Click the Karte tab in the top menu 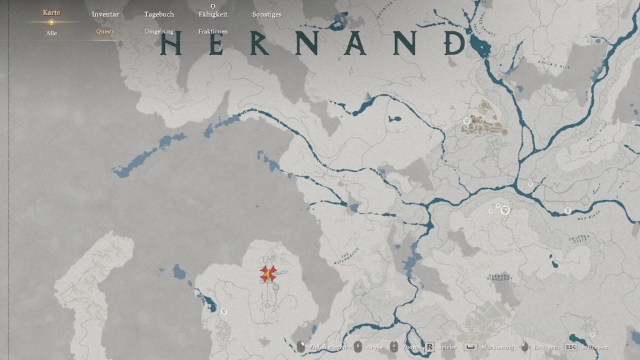click(51, 13)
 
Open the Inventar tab click(105, 14)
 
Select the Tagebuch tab click(159, 14)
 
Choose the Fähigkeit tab click(212, 14)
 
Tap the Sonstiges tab click(267, 14)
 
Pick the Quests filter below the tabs click(105, 31)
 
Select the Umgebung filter click(159, 31)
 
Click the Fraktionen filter click(212, 31)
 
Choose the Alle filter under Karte click(51, 33)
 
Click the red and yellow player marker click(268, 274)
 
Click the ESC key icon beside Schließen click(571, 347)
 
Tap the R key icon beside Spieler click(430, 347)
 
